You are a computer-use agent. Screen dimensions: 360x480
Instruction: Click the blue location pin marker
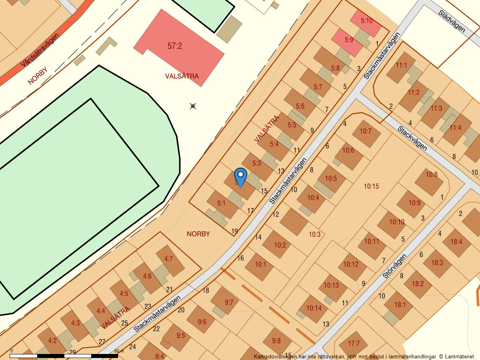pyautogui.click(x=240, y=176)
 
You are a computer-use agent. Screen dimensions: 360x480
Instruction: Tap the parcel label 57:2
pyautogui.click(x=175, y=46)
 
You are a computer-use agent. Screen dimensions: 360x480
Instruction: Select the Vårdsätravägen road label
pyautogui.click(x=40, y=50)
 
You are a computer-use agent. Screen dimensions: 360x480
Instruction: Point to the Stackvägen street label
pyautogui.click(x=412, y=138)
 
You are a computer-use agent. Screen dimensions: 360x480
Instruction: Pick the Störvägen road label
pyautogui.click(x=394, y=266)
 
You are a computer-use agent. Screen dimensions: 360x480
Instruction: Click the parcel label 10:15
pyautogui.click(x=371, y=186)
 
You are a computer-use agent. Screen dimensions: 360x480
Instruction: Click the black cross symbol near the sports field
pyautogui.click(x=193, y=106)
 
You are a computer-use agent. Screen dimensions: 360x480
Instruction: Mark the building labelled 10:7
pyautogui.click(x=366, y=132)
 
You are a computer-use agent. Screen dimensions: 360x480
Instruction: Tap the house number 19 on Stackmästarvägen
pyautogui.click(x=235, y=231)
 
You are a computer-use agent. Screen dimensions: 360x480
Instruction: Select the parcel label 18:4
pyautogui.click(x=456, y=242)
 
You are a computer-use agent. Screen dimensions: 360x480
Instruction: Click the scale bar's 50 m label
pyautogui.click(x=119, y=351)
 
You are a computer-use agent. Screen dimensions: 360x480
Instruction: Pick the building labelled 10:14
pyautogui.click(x=314, y=308)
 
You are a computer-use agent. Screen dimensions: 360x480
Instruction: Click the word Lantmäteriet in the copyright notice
pyautogui.click(x=459, y=356)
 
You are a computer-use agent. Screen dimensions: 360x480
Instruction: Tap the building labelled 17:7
pyautogui.click(x=354, y=343)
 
